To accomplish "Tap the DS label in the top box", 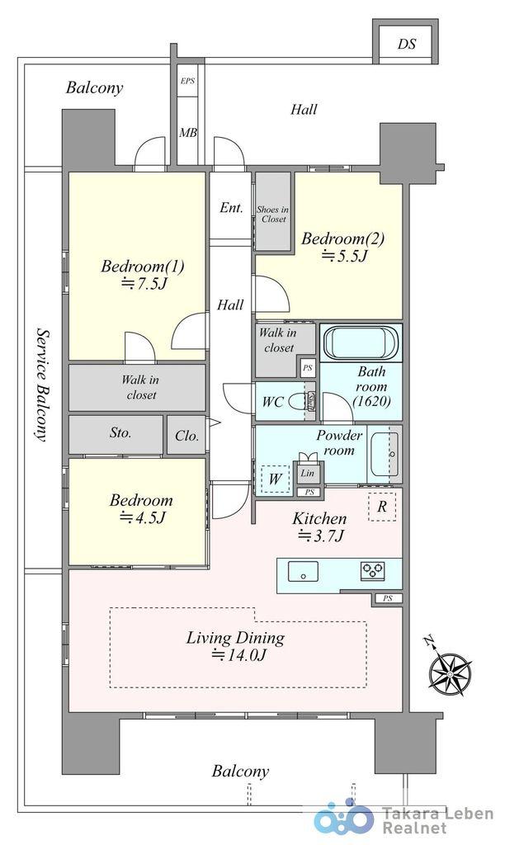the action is (407, 44).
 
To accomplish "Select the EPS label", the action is (187, 81).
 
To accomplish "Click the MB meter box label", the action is (188, 131).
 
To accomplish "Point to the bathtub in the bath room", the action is (361, 342).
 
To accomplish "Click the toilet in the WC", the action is (297, 402).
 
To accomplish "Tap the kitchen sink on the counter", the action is (303, 571).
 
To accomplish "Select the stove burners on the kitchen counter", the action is (373, 571).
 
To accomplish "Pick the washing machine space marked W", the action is (275, 478).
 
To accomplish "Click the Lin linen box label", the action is (307, 473).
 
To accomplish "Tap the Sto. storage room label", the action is (120, 432).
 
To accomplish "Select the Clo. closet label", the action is (187, 436).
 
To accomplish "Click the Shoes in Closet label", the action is (272, 214).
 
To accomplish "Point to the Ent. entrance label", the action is (231, 208).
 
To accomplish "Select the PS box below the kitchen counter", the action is (388, 598).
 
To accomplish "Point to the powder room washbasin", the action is (385, 454).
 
